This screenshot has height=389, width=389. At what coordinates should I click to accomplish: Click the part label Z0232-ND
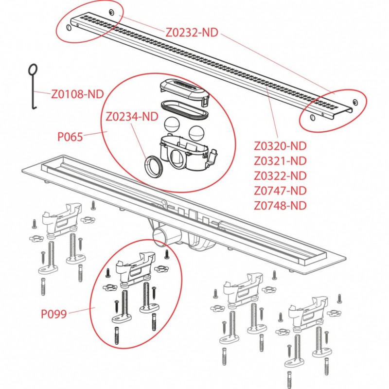(x=192, y=32)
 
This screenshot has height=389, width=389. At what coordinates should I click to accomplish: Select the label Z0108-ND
(x=77, y=94)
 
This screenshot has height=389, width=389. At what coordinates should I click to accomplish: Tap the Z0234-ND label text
(x=132, y=116)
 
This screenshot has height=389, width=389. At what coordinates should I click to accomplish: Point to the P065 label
(x=70, y=137)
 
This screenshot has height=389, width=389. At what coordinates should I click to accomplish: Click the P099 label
(x=53, y=314)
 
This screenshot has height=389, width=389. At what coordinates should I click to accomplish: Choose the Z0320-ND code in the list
(x=280, y=146)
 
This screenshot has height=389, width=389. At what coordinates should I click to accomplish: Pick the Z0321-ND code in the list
(x=280, y=161)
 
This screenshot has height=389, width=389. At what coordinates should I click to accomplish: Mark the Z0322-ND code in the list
(x=280, y=176)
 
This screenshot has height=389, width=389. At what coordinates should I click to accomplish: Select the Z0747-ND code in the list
(x=280, y=191)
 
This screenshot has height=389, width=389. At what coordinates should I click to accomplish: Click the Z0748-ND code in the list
(x=280, y=205)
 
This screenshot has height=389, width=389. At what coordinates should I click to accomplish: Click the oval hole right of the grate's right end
(x=356, y=103)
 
